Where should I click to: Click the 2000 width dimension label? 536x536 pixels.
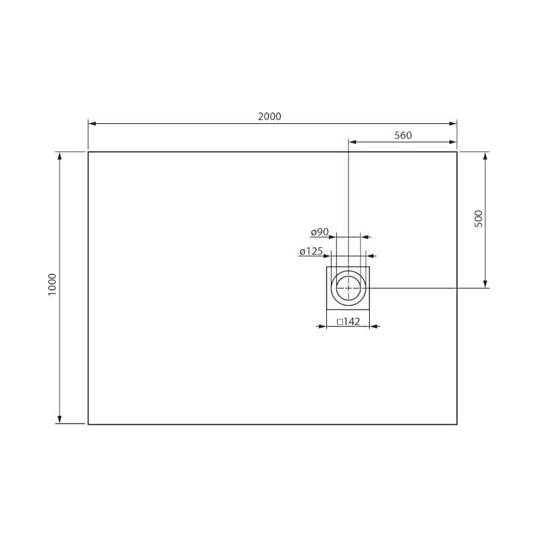tap(269, 116)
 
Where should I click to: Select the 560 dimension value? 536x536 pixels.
tap(403, 135)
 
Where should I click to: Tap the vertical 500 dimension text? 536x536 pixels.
tap(478, 218)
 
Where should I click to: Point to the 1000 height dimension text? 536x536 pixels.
tap(52, 286)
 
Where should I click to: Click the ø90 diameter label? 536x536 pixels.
tap(320, 232)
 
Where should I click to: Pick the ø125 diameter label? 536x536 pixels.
tap(312, 251)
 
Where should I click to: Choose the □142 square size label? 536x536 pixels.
tap(348, 322)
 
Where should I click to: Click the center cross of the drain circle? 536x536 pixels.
tap(348, 287)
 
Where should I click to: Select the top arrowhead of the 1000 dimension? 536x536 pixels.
tap(60, 156)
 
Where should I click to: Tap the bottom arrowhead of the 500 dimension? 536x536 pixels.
tap(486, 283)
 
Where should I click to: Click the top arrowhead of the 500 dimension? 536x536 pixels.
tap(486, 156)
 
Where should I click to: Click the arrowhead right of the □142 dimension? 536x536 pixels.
tap(374, 326)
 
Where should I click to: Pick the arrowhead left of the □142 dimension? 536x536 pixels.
tap(322, 326)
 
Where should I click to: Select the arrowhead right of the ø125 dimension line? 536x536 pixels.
tap(371, 256)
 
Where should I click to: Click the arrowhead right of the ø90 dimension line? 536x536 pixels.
tap(365, 237)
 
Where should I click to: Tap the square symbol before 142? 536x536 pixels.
tap(340, 322)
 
